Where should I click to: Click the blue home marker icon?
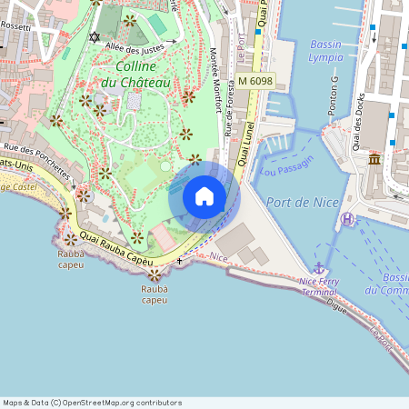point(204,196)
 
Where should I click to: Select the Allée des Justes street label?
point(135,45)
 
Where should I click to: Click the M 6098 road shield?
point(255,82)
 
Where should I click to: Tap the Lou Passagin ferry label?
point(285,165)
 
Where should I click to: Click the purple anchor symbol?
point(319,268)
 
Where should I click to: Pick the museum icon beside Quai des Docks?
point(374,160)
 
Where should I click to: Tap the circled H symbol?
point(347,219)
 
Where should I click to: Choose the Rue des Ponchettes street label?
point(36,158)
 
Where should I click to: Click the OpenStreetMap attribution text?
point(92,403)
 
